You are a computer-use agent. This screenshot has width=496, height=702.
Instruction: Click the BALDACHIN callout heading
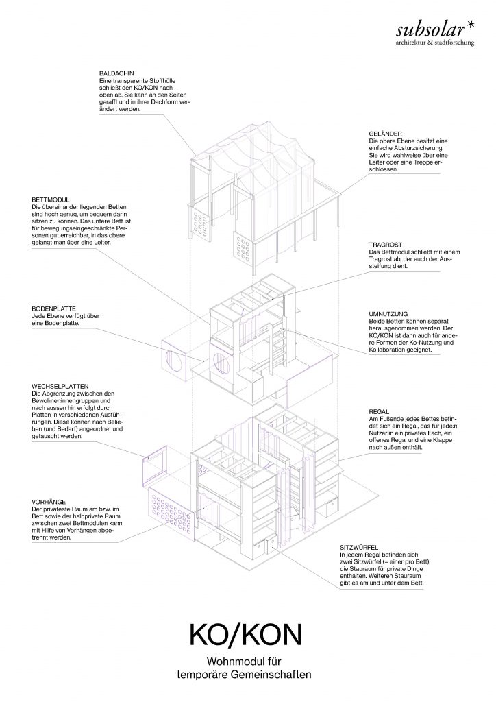(x=116, y=73)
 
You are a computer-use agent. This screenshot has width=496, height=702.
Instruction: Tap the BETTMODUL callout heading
(x=51, y=200)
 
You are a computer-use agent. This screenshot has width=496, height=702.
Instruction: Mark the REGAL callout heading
(x=379, y=411)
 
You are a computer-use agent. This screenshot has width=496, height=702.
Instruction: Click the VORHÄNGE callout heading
(x=49, y=503)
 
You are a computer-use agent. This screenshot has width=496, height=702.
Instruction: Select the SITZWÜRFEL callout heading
(x=359, y=548)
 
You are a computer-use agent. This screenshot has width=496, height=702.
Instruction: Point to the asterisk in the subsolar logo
(x=470, y=26)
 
